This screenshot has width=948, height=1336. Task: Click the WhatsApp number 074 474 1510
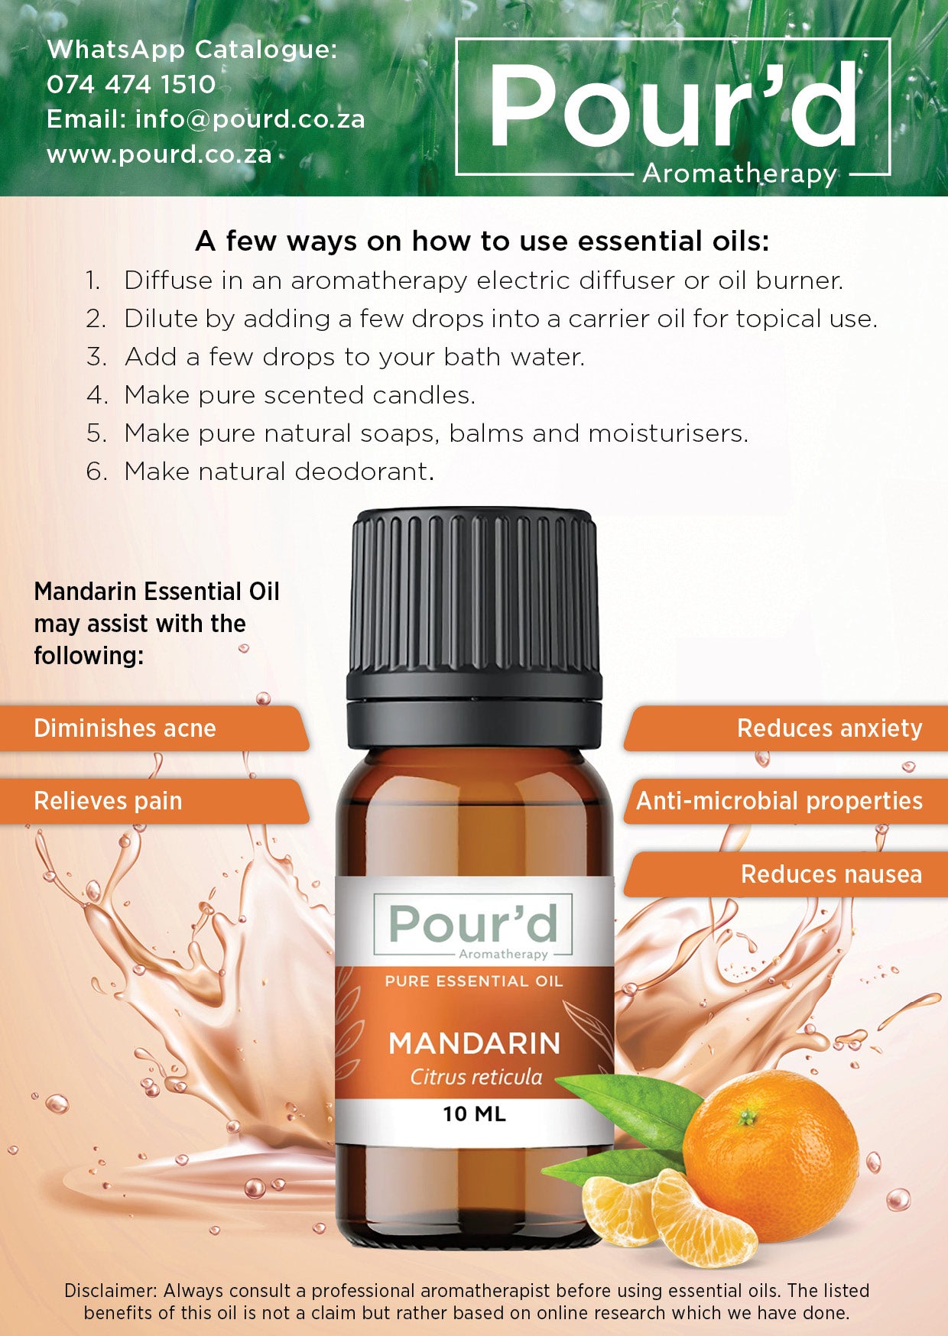pos(131,84)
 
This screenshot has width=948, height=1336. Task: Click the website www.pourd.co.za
pos(159,154)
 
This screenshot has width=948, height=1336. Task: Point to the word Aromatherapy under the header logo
pos(739,173)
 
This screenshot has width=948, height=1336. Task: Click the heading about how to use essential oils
pos(482,242)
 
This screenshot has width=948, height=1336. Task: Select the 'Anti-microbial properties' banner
pos(779,801)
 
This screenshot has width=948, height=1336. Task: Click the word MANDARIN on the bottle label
pos(475,1044)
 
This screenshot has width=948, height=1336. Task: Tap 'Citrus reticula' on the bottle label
pos(476,1077)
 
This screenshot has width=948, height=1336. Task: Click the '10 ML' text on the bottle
pos(474,1114)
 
